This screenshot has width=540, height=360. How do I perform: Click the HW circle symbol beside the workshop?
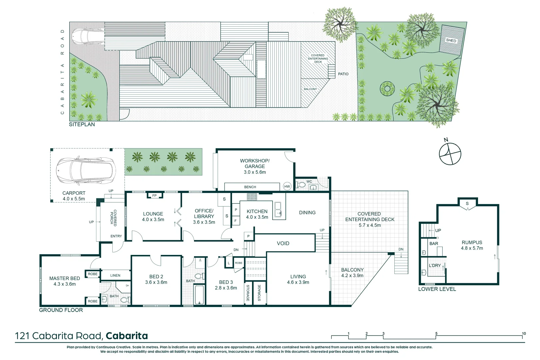287,186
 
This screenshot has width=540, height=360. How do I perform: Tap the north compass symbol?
450,154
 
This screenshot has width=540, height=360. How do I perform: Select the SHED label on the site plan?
451,40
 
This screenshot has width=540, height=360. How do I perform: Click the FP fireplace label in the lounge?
154,196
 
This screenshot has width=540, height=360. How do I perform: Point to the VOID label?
283,243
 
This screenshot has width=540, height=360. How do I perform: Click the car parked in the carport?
86,171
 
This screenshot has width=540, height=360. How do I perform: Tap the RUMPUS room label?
472,242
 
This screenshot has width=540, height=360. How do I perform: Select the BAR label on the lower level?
434,244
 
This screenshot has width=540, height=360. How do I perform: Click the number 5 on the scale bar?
436,333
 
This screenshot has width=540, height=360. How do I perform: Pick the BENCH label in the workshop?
250,187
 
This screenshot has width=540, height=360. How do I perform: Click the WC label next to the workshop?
309,182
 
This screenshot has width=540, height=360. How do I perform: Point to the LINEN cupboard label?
115,275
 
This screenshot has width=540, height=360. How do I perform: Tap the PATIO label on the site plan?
343,74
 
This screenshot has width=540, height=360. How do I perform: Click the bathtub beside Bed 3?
199,295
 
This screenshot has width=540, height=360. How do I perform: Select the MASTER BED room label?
65,278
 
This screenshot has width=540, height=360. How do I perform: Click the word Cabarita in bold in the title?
127,336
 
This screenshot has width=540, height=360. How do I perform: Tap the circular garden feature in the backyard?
387,89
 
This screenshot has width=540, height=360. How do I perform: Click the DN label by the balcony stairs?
401,249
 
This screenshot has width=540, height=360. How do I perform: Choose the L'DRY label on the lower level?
435,265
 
